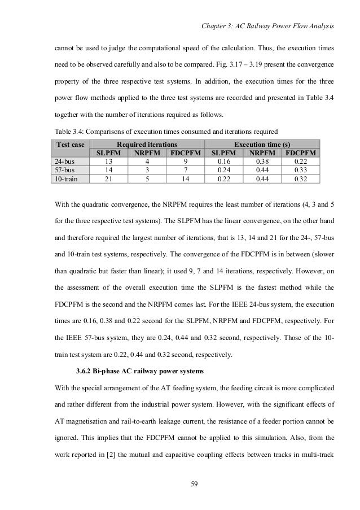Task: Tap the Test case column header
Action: pos(70,144)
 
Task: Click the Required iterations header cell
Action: pos(147,144)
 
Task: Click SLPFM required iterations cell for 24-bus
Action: pos(108,162)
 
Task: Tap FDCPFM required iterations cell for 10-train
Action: pos(185,178)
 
